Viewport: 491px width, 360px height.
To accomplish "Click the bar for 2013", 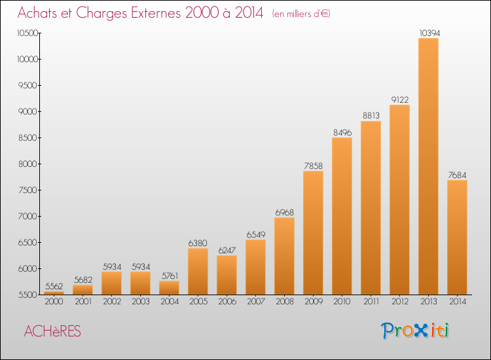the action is pyautogui.click(x=428, y=166).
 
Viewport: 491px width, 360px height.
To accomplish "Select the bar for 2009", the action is pyautogui.click(x=313, y=232).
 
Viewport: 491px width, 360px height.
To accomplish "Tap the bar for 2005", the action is pyautogui.click(x=198, y=272).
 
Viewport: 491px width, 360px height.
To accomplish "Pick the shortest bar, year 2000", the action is pyautogui.click(x=54, y=293).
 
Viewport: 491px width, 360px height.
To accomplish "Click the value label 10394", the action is pyautogui.click(x=429, y=33).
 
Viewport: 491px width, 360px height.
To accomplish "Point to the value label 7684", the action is pyautogui.click(x=457, y=175).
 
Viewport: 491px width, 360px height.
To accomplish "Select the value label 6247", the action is pyautogui.click(x=227, y=250).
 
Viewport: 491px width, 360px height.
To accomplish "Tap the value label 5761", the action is pyautogui.click(x=170, y=276).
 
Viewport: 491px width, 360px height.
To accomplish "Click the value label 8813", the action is pyautogui.click(x=371, y=115).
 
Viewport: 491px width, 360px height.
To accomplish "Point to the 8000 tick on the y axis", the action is pyautogui.click(x=28, y=164).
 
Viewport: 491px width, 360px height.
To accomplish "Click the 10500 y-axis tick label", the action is pyautogui.click(x=27, y=33).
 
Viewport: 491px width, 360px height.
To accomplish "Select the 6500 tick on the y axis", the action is pyautogui.click(x=28, y=242).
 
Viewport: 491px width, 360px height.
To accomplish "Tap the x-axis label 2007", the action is pyautogui.click(x=256, y=302).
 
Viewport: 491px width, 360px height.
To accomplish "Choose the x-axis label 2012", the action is pyautogui.click(x=400, y=302).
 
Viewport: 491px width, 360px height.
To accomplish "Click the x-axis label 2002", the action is pyautogui.click(x=112, y=302).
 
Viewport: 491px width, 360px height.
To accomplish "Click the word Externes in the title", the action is pyautogui.click(x=156, y=13).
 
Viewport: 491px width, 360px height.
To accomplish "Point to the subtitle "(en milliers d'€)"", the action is pyautogui.click(x=301, y=14).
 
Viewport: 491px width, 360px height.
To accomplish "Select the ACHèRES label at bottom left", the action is pyautogui.click(x=52, y=331).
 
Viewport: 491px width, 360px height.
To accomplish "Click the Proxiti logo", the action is pyautogui.click(x=415, y=331).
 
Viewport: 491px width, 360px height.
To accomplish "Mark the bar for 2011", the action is pyautogui.click(x=371, y=208).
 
